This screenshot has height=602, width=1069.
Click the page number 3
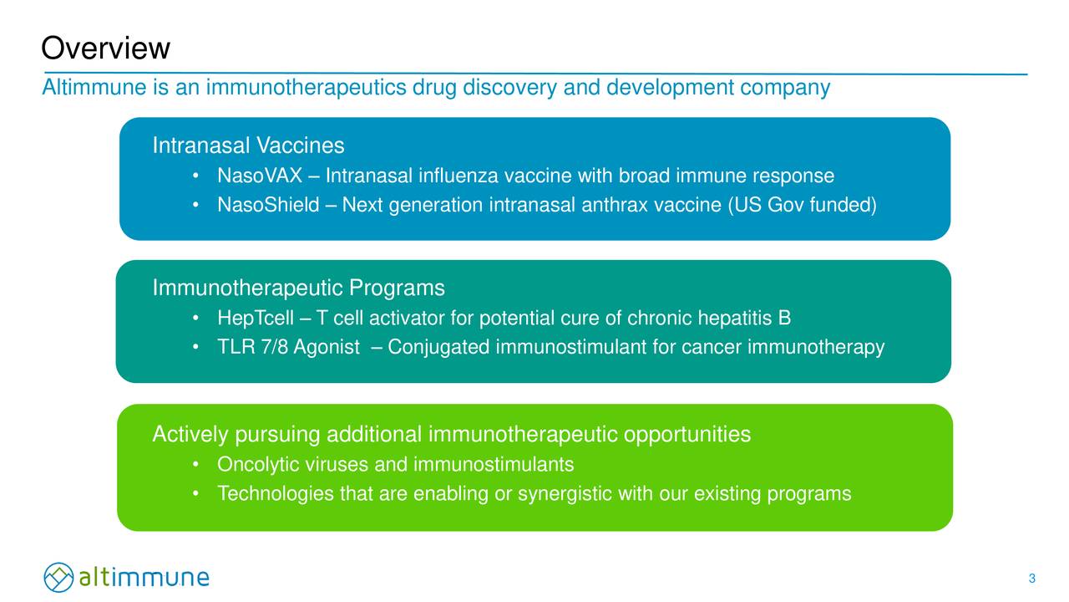pyautogui.click(x=1032, y=579)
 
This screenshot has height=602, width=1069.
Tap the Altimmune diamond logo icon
pyautogui.click(x=58, y=578)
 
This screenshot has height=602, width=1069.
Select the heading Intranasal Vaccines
pyautogui.click(x=248, y=146)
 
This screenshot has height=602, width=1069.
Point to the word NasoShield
pyautogui.click(x=268, y=205)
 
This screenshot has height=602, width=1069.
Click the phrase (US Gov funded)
pyautogui.click(x=803, y=205)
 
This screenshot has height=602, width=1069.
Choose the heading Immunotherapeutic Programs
pyautogui.click(x=298, y=288)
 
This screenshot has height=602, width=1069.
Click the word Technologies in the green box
pyautogui.click(x=276, y=494)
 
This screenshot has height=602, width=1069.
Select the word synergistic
pyautogui.click(x=565, y=494)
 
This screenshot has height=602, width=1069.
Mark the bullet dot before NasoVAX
pyautogui.click(x=194, y=176)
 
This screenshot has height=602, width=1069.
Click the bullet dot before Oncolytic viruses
pyautogui.click(x=194, y=464)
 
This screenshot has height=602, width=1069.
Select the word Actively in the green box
pyautogui.click(x=190, y=435)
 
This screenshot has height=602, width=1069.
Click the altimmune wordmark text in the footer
pyautogui.click(x=144, y=578)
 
